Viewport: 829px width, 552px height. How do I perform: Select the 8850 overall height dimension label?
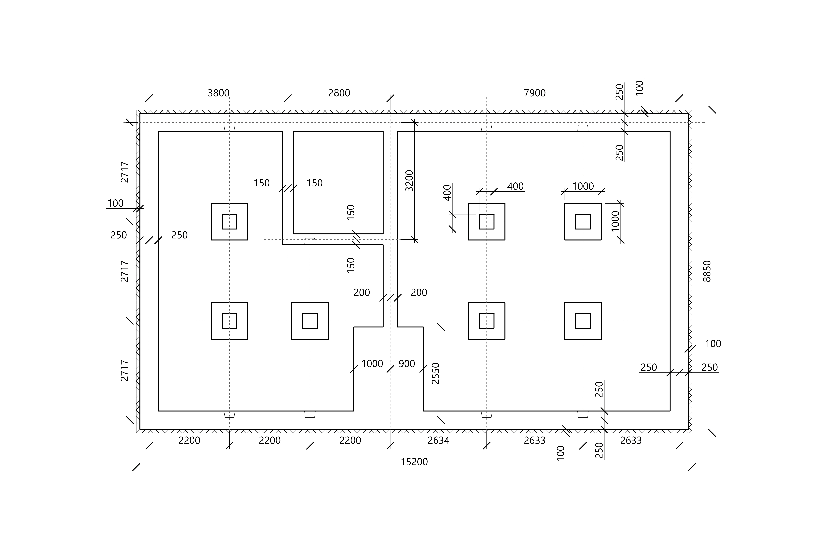tap(707, 271)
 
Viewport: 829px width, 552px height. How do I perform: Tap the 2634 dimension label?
tap(438, 440)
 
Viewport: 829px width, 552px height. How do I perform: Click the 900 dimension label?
tap(407, 364)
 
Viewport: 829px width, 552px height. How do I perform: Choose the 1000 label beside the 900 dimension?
tap(372, 364)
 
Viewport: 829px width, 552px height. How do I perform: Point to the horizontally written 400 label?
tap(515, 186)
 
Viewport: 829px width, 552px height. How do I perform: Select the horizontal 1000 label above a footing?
tap(583, 186)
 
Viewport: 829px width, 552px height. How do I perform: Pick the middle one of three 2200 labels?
tap(270, 440)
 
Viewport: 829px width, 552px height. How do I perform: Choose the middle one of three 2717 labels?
tap(124, 271)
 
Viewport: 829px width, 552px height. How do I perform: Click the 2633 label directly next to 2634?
tap(535, 440)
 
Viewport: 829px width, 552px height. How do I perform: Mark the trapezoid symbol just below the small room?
tap(310, 242)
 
